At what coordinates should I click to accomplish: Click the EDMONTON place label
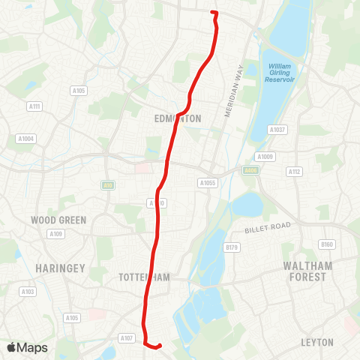[178, 118]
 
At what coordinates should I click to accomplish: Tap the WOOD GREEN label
[58, 220]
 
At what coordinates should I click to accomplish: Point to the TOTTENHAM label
[145, 277]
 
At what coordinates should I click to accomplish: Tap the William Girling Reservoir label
[283, 73]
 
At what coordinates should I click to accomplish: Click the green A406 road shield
[250, 170]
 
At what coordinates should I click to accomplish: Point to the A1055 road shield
[208, 182]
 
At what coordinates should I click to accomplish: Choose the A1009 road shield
[265, 157]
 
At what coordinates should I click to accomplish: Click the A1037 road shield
[277, 130]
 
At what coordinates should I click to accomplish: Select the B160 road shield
[326, 244]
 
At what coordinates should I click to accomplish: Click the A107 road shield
[127, 338]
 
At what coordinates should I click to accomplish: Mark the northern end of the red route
[214, 13]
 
